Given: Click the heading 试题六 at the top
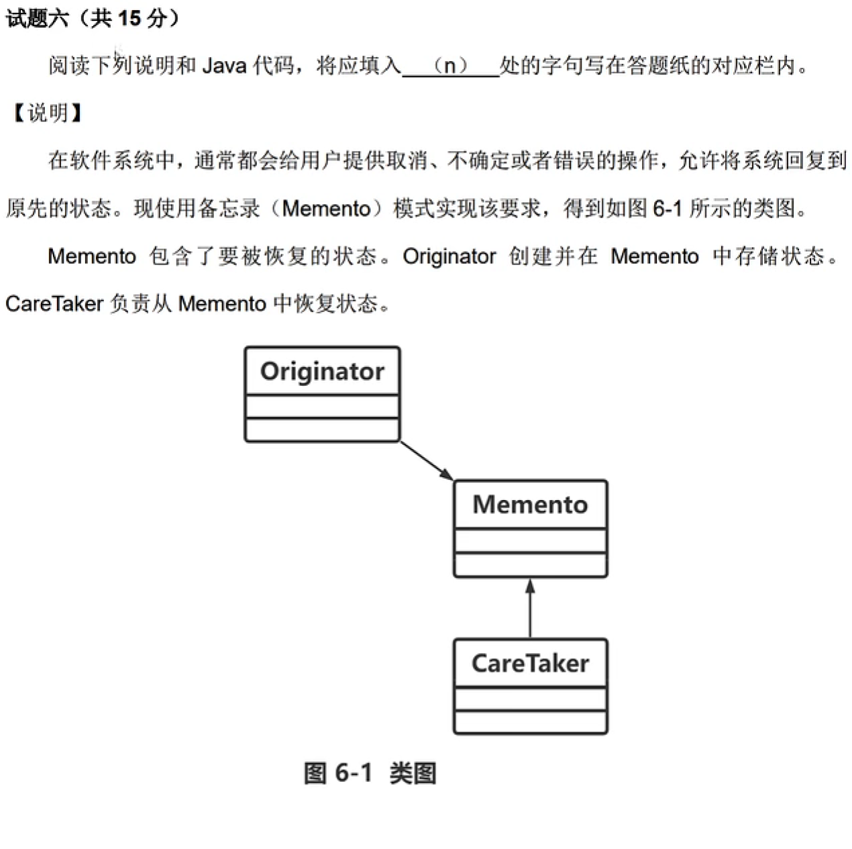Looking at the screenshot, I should coord(37,18).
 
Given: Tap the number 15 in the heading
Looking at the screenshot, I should coord(129,18).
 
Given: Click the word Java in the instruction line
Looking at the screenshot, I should coord(224,66).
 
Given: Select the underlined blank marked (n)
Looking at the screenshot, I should coord(450,66).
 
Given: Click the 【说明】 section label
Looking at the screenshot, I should coord(47,113).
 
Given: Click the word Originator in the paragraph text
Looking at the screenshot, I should coord(449,256).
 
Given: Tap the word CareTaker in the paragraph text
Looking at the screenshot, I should coord(54,304).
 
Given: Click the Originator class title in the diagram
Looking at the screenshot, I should coord(322,371).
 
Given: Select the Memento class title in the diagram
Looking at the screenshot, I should coord(530,505).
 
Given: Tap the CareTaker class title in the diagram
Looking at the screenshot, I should coord(530,664).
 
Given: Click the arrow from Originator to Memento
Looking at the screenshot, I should coord(427,460).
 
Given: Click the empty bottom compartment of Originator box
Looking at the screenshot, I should coord(322,430).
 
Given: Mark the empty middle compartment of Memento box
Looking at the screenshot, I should coord(530,541).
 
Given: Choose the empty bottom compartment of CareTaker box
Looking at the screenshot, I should coord(530,722).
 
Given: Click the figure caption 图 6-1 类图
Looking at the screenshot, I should coord(370,773).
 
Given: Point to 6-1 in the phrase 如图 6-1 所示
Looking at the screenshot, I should coord(667,209).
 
